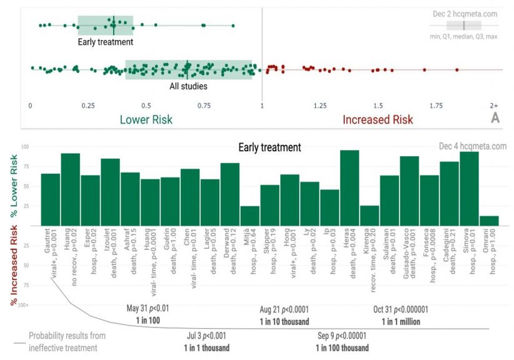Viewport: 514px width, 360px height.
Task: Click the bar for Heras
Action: [349, 187]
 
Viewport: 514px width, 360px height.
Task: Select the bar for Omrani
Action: [488, 221]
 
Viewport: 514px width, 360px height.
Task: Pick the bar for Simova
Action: [468, 188]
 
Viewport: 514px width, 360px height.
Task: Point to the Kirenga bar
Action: [370, 216]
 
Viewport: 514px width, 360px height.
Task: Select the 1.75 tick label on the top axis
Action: [425, 106]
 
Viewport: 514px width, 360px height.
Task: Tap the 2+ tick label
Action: [494, 106]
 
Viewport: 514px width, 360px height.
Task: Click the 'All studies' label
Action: [188, 86]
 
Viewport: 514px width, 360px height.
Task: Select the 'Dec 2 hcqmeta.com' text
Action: [465, 13]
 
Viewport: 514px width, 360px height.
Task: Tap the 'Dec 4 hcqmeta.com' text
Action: [473, 146]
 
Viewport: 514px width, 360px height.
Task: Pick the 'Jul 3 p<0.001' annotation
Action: [206, 336]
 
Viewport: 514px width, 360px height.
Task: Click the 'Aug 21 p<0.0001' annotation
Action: [285, 309]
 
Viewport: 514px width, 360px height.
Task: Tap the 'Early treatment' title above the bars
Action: [270, 148]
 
